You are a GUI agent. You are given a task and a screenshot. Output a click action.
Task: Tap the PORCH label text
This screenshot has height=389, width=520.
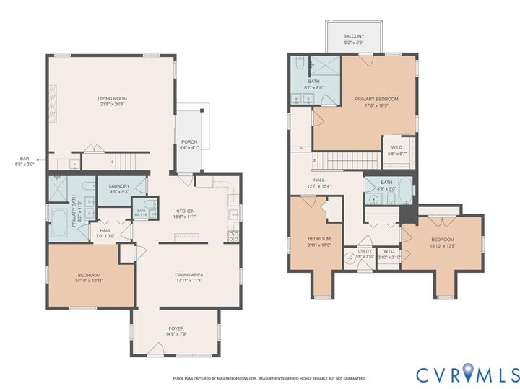pyautogui.click(x=189, y=141)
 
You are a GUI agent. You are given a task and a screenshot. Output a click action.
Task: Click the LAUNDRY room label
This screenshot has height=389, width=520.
pyautogui.click(x=119, y=186)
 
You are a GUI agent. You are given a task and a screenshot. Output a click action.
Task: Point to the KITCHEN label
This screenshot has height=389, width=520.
pyautogui.click(x=185, y=211)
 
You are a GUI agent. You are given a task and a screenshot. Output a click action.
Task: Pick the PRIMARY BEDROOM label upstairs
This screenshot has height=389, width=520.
pyautogui.click(x=376, y=99)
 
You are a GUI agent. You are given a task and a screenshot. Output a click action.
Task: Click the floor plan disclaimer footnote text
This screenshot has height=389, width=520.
pyautogui.click(x=269, y=377)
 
